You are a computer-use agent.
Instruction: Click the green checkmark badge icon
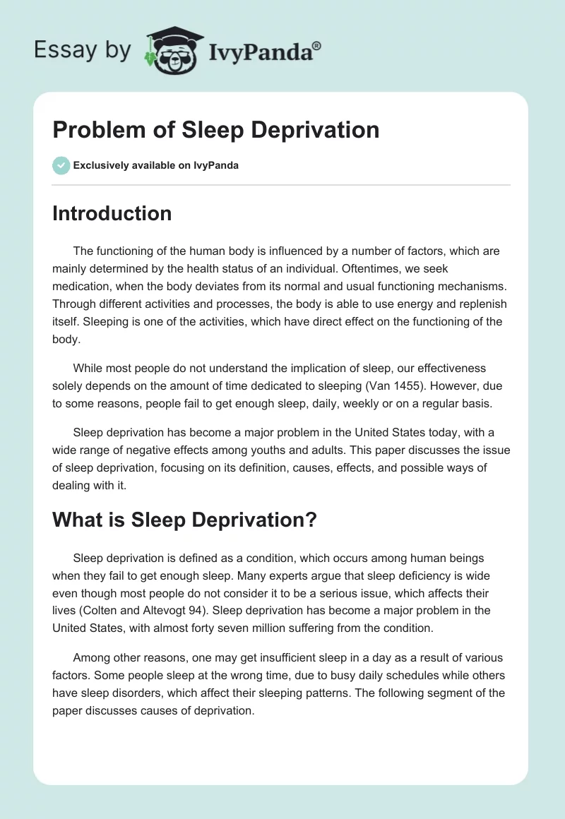pyautogui.click(x=61, y=165)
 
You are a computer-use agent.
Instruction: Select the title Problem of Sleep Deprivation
pyautogui.click(x=215, y=130)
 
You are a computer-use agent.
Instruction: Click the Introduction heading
pyautogui.click(x=112, y=213)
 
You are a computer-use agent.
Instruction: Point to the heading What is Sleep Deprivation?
pyautogui.click(x=184, y=520)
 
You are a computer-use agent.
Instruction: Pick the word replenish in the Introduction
pyautogui.click(x=475, y=304)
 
